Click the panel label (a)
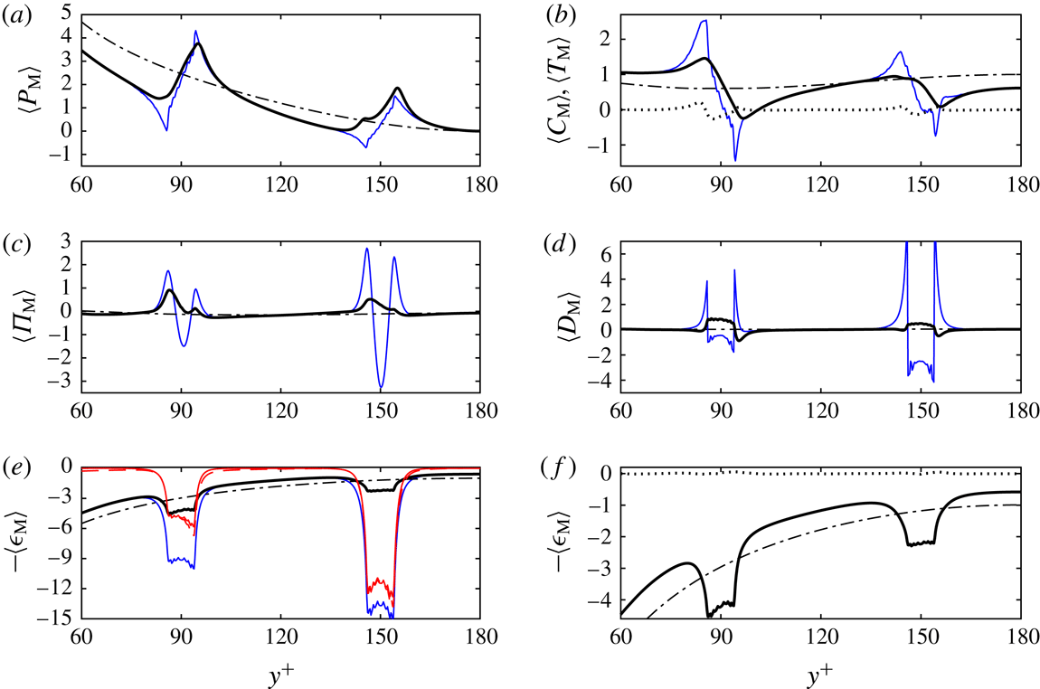(x=18, y=12)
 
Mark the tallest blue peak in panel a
(x=195, y=32)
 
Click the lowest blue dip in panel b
(x=735, y=160)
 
